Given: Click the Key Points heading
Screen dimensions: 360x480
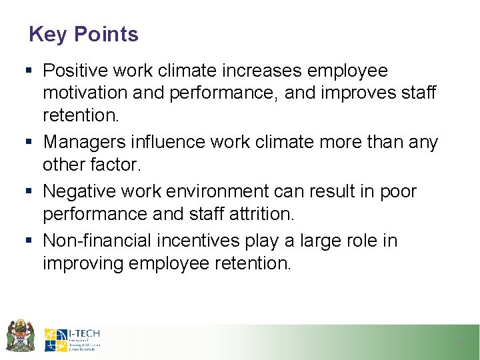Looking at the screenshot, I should [83, 34].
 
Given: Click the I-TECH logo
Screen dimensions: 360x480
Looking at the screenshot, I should [72, 340].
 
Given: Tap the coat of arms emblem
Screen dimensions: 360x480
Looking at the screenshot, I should [20, 335].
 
